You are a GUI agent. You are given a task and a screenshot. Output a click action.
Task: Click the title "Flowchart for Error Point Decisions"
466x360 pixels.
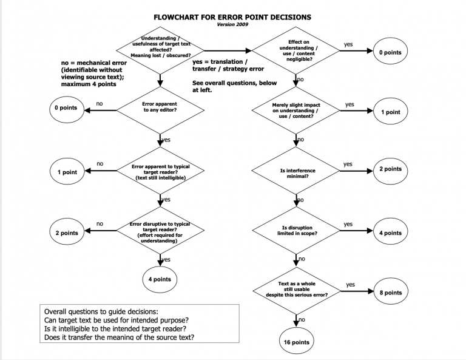233,18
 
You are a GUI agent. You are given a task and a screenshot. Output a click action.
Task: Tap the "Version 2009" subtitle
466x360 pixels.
233,25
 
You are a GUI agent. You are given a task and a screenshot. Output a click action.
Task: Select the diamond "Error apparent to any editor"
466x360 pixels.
160,108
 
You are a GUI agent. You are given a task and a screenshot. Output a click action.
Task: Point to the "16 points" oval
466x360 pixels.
297,342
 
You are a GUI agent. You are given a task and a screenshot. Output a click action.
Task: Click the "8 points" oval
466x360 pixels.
391,293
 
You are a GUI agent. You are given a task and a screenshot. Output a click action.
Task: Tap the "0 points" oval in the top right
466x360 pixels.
391,53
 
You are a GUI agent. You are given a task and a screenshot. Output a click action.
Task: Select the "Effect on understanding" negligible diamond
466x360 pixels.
297,52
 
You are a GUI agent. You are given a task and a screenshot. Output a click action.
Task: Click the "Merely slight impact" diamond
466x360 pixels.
297,112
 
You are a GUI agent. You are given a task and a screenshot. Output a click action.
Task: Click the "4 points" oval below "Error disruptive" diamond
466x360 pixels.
160,280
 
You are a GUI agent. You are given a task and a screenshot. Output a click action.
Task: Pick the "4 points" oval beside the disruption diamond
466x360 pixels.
391,233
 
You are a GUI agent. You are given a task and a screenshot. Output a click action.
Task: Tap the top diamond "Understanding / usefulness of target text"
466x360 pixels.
160,47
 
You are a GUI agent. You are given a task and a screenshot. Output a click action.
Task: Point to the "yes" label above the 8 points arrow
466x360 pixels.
351,285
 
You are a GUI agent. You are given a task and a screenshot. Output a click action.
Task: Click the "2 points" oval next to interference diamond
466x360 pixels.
391,169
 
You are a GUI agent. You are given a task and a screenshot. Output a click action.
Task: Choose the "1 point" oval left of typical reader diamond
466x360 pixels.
67,172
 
